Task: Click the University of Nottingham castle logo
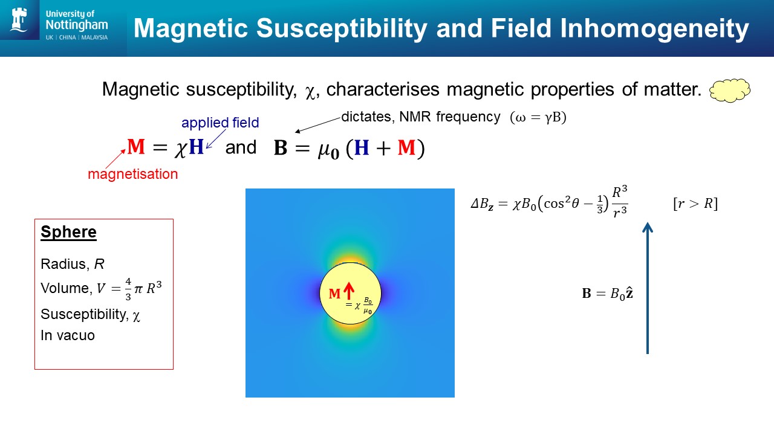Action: pyautogui.click(x=19, y=19)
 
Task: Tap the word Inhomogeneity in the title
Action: pyautogui.click(x=654, y=28)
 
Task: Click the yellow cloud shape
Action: pyautogui.click(x=730, y=91)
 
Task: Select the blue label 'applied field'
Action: pyautogui.click(x=220, y=123)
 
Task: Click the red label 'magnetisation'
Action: pyautogui.click(x=132, y=174)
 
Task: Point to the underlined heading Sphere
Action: pyautogui.click(x=68, y=231)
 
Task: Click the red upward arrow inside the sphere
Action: pyautogui.click(x=349, y=291)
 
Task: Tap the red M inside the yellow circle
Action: pyautogui.click(x=334, y=294)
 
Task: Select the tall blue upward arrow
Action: pyautogui.click(x=648, y=288)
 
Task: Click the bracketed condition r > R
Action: pyautogui.click(x=695, y=204)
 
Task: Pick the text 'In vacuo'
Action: pyautogui.click(x=67, y=335)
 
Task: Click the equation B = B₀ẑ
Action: pyautogui.click(x=608, y=294)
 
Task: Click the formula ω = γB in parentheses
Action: pyautogui.click(x=538, y=117)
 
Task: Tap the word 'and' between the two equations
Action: pyautogui.click(x=241, y=147)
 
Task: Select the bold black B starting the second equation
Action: pyautogui.click(x=280, y=148)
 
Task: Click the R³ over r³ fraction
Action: pyautogui.click(x=620, y=202)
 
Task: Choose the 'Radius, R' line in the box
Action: pyautogui.click(x=72, y=264)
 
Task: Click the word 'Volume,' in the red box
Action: pyautogui.click(x=67, y=288)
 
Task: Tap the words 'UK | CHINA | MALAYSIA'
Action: pyautogui.click(x=77, y=37)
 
